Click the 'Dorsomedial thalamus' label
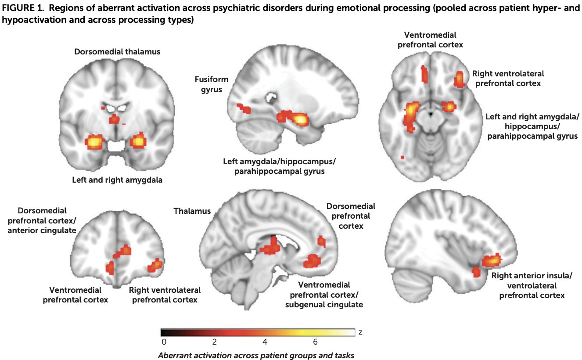(x=117, y=52)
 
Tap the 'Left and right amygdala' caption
(x=117, y=180)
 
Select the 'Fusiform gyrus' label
(x=212, y=84)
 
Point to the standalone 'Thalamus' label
(x=192, y=211)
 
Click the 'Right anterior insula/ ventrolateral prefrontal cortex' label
(x=532, y=285)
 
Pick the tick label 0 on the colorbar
(x=164, y=342)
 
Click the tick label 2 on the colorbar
(x=214, y=342)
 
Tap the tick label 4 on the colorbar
(x=265, y=342)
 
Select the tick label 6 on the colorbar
(x=315, y=342)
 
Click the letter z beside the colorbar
(x=360, y=332)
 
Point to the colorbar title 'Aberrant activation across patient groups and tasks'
(x=256, y=355)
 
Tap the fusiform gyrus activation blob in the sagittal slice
(x=244, y=108)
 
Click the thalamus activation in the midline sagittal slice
(x=270, y=246)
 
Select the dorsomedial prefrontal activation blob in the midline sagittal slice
(x=322, y=241)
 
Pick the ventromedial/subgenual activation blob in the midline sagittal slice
(x=312, y=261)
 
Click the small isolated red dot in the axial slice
(x=402, y=157)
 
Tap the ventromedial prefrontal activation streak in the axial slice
(x=424, y=74)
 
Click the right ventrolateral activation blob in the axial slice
(x=460, y=79)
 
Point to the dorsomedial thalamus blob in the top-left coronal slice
(x=114, y=119)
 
